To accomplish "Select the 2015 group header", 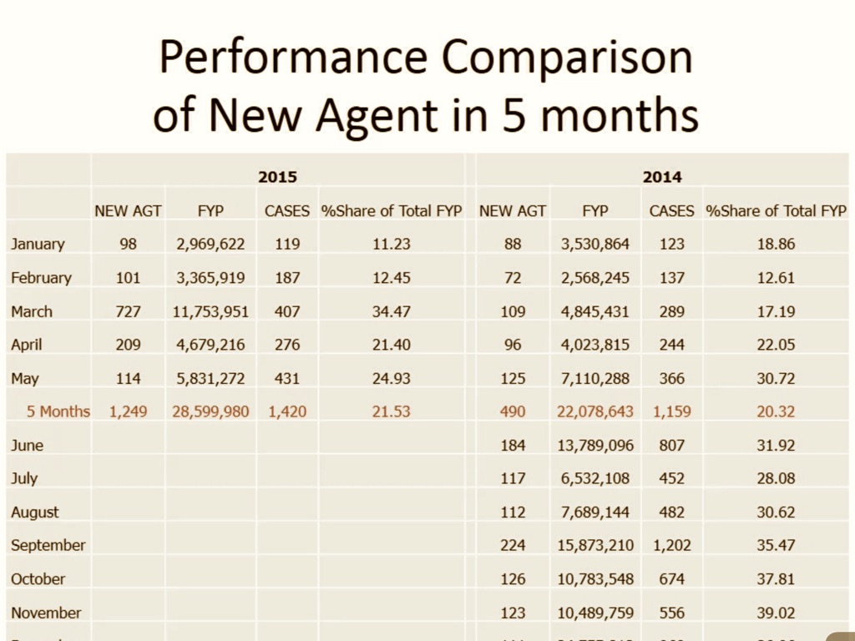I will coord(277,177).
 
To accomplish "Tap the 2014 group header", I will coord(661,177).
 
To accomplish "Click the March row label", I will coord(32,311).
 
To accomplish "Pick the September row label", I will coord(48,545).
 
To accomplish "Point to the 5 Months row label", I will coord(58,411).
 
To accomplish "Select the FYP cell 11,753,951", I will coord(210,311).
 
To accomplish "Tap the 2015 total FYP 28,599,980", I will coord(210,411).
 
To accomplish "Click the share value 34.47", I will coord(392,311).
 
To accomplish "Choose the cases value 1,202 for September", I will coord(672,545).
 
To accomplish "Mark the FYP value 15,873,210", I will coord(595,545).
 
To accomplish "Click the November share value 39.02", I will coord(776,613).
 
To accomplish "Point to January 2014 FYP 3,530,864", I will coord(595,245).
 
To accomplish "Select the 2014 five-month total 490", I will coord(513,411).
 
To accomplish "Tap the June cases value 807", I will coord(672,445).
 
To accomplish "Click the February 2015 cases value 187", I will coord(287,278).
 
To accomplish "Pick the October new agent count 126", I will coord(513,578).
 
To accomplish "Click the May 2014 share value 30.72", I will coord(776,378).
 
